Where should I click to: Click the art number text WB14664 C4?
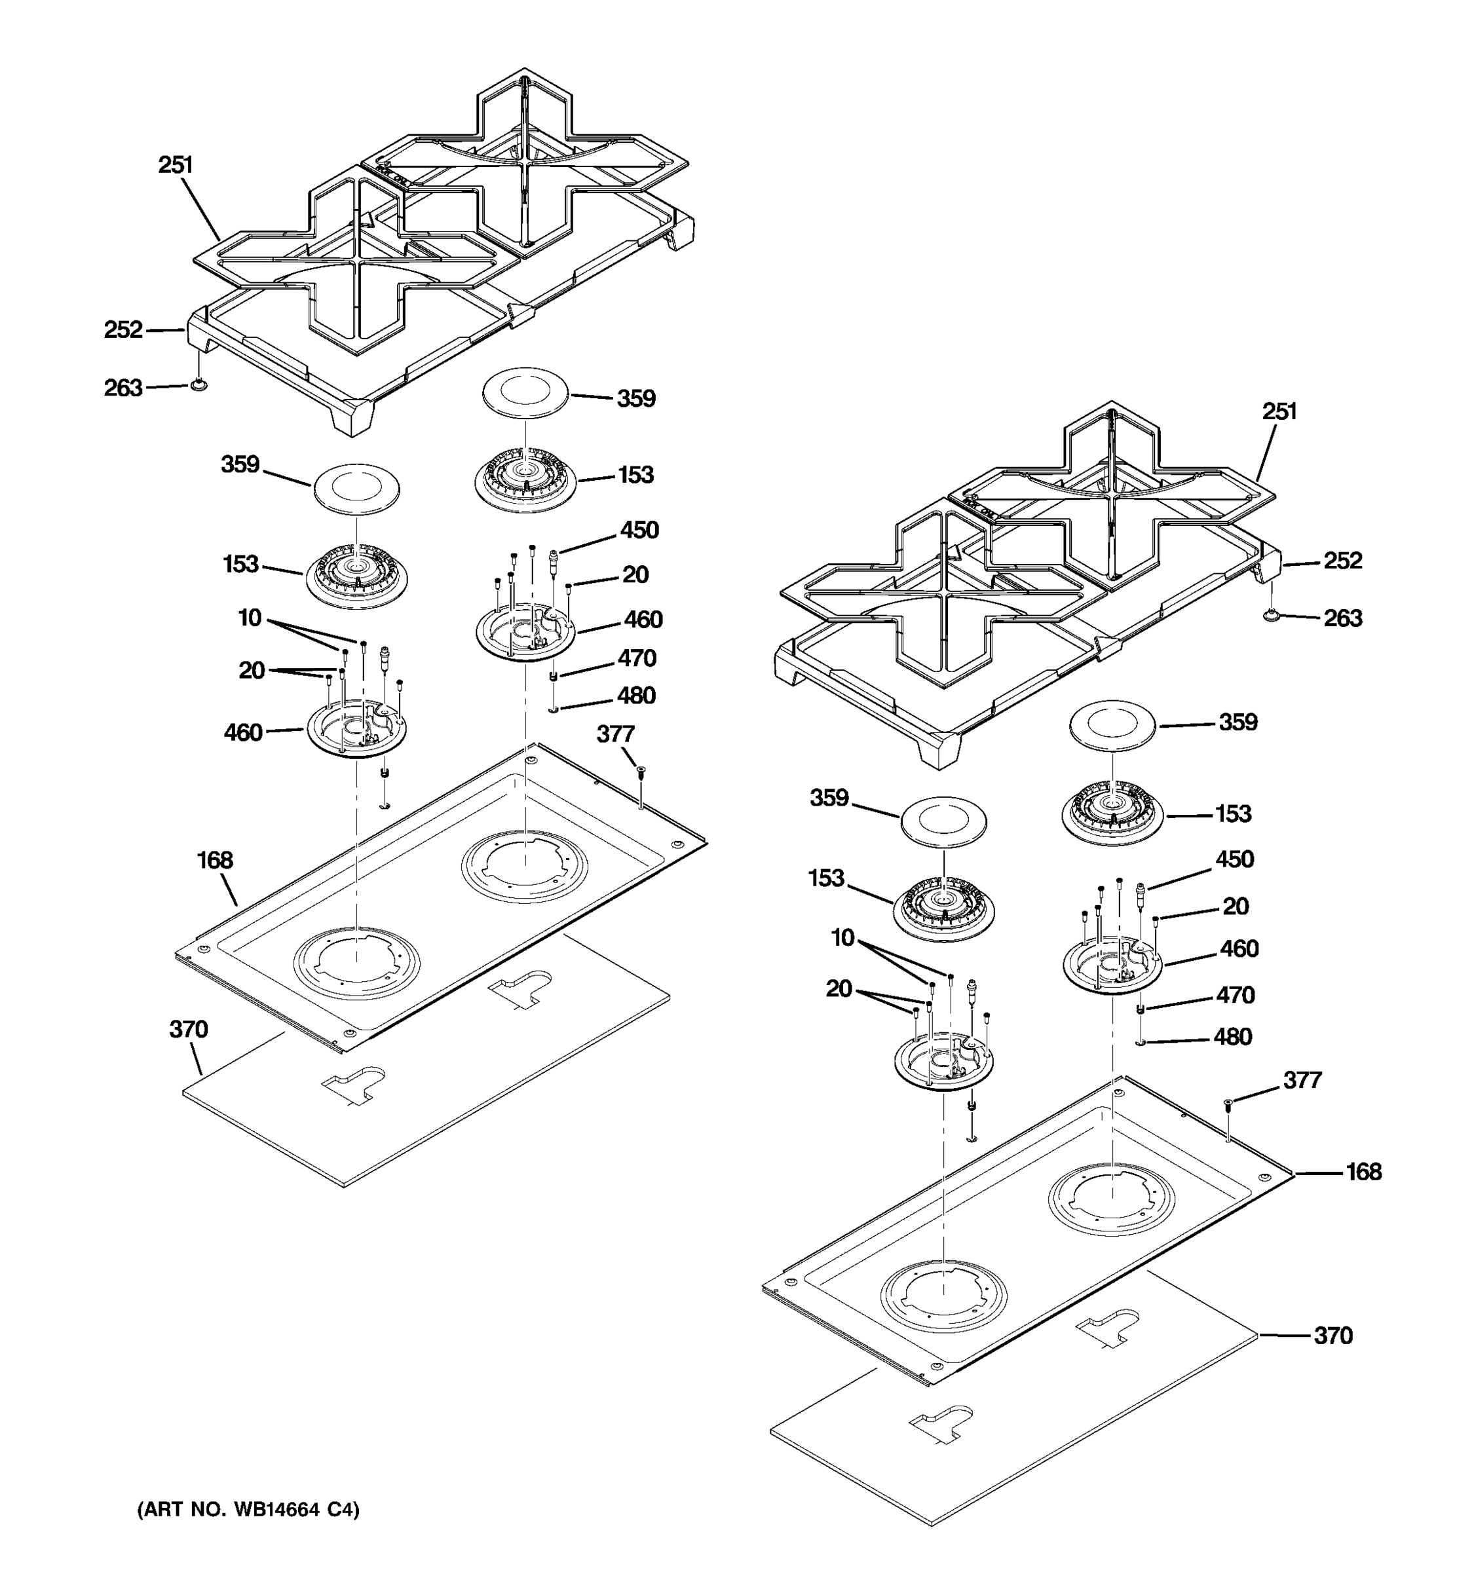[248, 1510]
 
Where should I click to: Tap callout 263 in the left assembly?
[123, 388]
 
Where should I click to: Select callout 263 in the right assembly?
[1343, 618]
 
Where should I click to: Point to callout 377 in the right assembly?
[1302, 1079]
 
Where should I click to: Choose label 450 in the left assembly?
[639, 530]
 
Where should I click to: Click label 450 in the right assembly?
[1234, 859]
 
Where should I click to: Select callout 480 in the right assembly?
[1232, 1037]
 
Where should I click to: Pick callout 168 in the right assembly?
[1363, 1171]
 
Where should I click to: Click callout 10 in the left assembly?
[250, 618]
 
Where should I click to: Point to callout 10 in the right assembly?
[843, 938]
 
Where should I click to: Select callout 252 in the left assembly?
[123, 329]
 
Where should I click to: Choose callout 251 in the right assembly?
[1279, 411]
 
